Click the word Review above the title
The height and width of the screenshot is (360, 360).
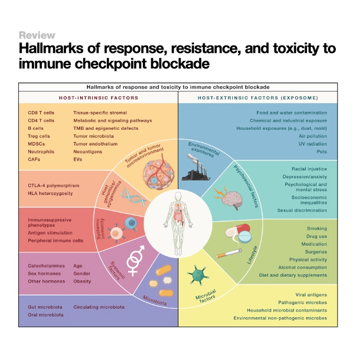tap(37, 36)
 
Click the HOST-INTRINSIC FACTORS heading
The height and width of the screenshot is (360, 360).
tap(98, 98)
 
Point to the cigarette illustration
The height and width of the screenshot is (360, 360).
tap(231, 255)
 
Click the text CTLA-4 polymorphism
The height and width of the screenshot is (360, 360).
tap(53, 185)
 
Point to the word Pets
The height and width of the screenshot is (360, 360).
tap(321, 152)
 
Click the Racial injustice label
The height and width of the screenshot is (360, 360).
tap(310, 169)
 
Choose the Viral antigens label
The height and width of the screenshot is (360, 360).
tap(311, 295)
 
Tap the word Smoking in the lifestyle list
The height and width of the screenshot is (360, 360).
tap(317, 229)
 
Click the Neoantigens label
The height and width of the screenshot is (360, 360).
tap(88, 152)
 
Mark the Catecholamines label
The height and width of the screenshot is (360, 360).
tap(47, 266)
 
